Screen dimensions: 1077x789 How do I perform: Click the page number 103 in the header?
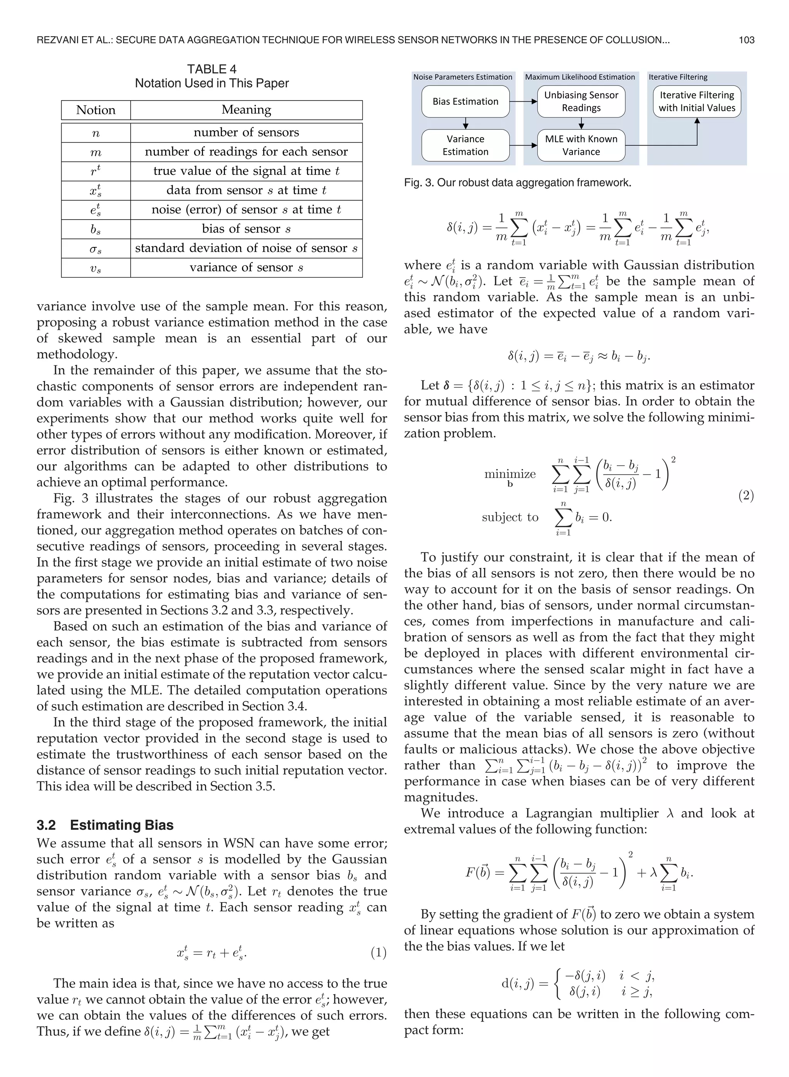point(746,40)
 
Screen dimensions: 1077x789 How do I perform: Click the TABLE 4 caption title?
point(212,69)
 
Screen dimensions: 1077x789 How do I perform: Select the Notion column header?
point(96,110)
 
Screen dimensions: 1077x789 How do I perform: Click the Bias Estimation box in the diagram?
point(465,102)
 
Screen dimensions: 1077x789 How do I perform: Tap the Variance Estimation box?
point(465,145)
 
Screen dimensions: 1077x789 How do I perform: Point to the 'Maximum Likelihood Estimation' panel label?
point(580,77)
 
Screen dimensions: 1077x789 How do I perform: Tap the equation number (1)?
point(378,953)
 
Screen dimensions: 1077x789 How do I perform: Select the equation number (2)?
point(746,495)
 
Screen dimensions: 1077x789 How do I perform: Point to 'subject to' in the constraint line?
point(510,517)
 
